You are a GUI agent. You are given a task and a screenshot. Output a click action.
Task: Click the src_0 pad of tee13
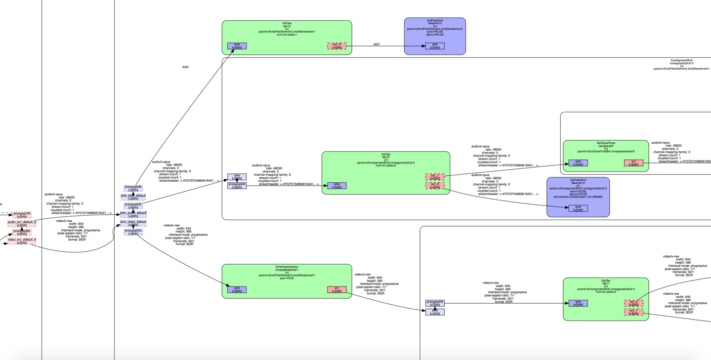click(336, 46)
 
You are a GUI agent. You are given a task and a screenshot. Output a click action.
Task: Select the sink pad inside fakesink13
click(435, 46)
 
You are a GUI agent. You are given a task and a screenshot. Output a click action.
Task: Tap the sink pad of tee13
click(237, 46)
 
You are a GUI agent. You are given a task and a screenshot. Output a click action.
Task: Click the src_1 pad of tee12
click(435, 177)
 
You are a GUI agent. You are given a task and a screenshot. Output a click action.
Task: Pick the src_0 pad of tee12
click(435, 186)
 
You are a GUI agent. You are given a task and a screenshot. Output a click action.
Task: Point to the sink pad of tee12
click(336, 186)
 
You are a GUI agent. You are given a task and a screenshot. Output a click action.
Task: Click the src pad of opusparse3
click(633, 163)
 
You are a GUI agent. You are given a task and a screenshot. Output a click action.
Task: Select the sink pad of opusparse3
click(578, 163)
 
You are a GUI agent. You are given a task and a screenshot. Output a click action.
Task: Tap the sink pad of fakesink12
click(578, 208)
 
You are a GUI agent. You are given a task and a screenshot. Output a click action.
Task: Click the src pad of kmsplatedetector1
click(336, 289)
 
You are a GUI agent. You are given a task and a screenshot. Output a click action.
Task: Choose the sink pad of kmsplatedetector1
click(237, 289)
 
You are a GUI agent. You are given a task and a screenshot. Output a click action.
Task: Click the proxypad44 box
click(237, 186)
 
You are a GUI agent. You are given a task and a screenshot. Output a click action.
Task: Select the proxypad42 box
click(435, 303)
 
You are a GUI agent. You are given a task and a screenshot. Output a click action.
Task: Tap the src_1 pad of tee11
click(633, 312)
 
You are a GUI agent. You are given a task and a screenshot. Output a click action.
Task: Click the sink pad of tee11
click(578, 303)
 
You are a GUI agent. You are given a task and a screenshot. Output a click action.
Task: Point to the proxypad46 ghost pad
click(133, 189)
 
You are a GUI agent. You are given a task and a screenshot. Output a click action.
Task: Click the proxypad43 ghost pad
click(133, 232)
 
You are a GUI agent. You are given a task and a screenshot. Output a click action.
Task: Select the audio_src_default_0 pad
click(22, 223)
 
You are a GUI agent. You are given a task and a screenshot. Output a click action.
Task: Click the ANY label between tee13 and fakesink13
click(376, 44)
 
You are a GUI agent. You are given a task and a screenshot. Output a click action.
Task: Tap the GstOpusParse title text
click(605, 143)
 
